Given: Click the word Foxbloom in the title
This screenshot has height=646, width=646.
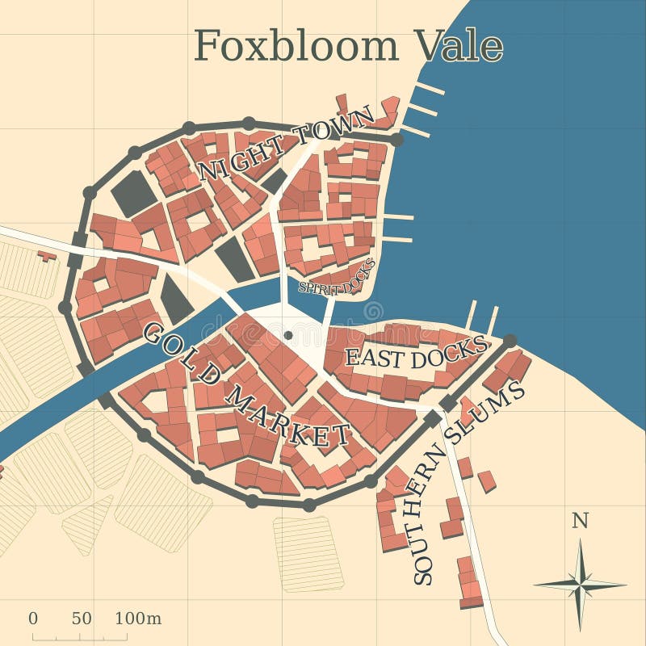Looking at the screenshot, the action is click(x=296, y=45).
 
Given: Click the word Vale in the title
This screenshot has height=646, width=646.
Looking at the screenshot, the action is click(x=458, y=45).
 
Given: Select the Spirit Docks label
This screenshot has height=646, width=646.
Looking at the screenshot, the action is click(x=337, y=277).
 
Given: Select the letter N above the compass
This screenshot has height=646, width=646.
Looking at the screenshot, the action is click(x=580, y=521).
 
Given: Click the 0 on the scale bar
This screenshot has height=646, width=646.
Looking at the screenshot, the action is click(x=33, y=619).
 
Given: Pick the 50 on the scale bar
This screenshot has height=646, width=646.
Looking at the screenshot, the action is click(x=82, y=619).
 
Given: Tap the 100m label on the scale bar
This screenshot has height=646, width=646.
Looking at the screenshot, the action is click(x=138, y=619).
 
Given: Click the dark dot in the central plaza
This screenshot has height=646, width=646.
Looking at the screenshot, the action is click(x=288, y=334).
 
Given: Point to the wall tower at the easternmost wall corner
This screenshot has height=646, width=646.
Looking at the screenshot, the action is click(x=510, y=341).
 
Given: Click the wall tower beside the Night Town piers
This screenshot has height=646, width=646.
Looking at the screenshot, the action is click(x=396, y=139).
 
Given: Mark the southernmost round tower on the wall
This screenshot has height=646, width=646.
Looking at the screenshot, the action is click(x=309, y=505).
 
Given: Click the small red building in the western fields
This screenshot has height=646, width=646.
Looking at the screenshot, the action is click(x=47, y=256).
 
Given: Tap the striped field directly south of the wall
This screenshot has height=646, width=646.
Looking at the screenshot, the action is click(x=308, y=554).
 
